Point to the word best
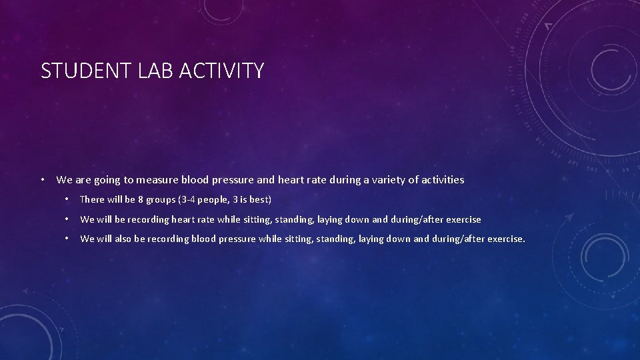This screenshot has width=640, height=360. pyautogui.click(x=259, y=200)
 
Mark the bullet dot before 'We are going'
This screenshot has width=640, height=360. pyautogui.click(x=42, y=179)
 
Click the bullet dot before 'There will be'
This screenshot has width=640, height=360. pyautogui.click(x=67, y=199)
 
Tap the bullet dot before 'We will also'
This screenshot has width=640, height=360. pyautogui.click(x=67, y=238)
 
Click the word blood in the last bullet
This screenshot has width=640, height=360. pyautogui.click(x=203, y=239)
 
